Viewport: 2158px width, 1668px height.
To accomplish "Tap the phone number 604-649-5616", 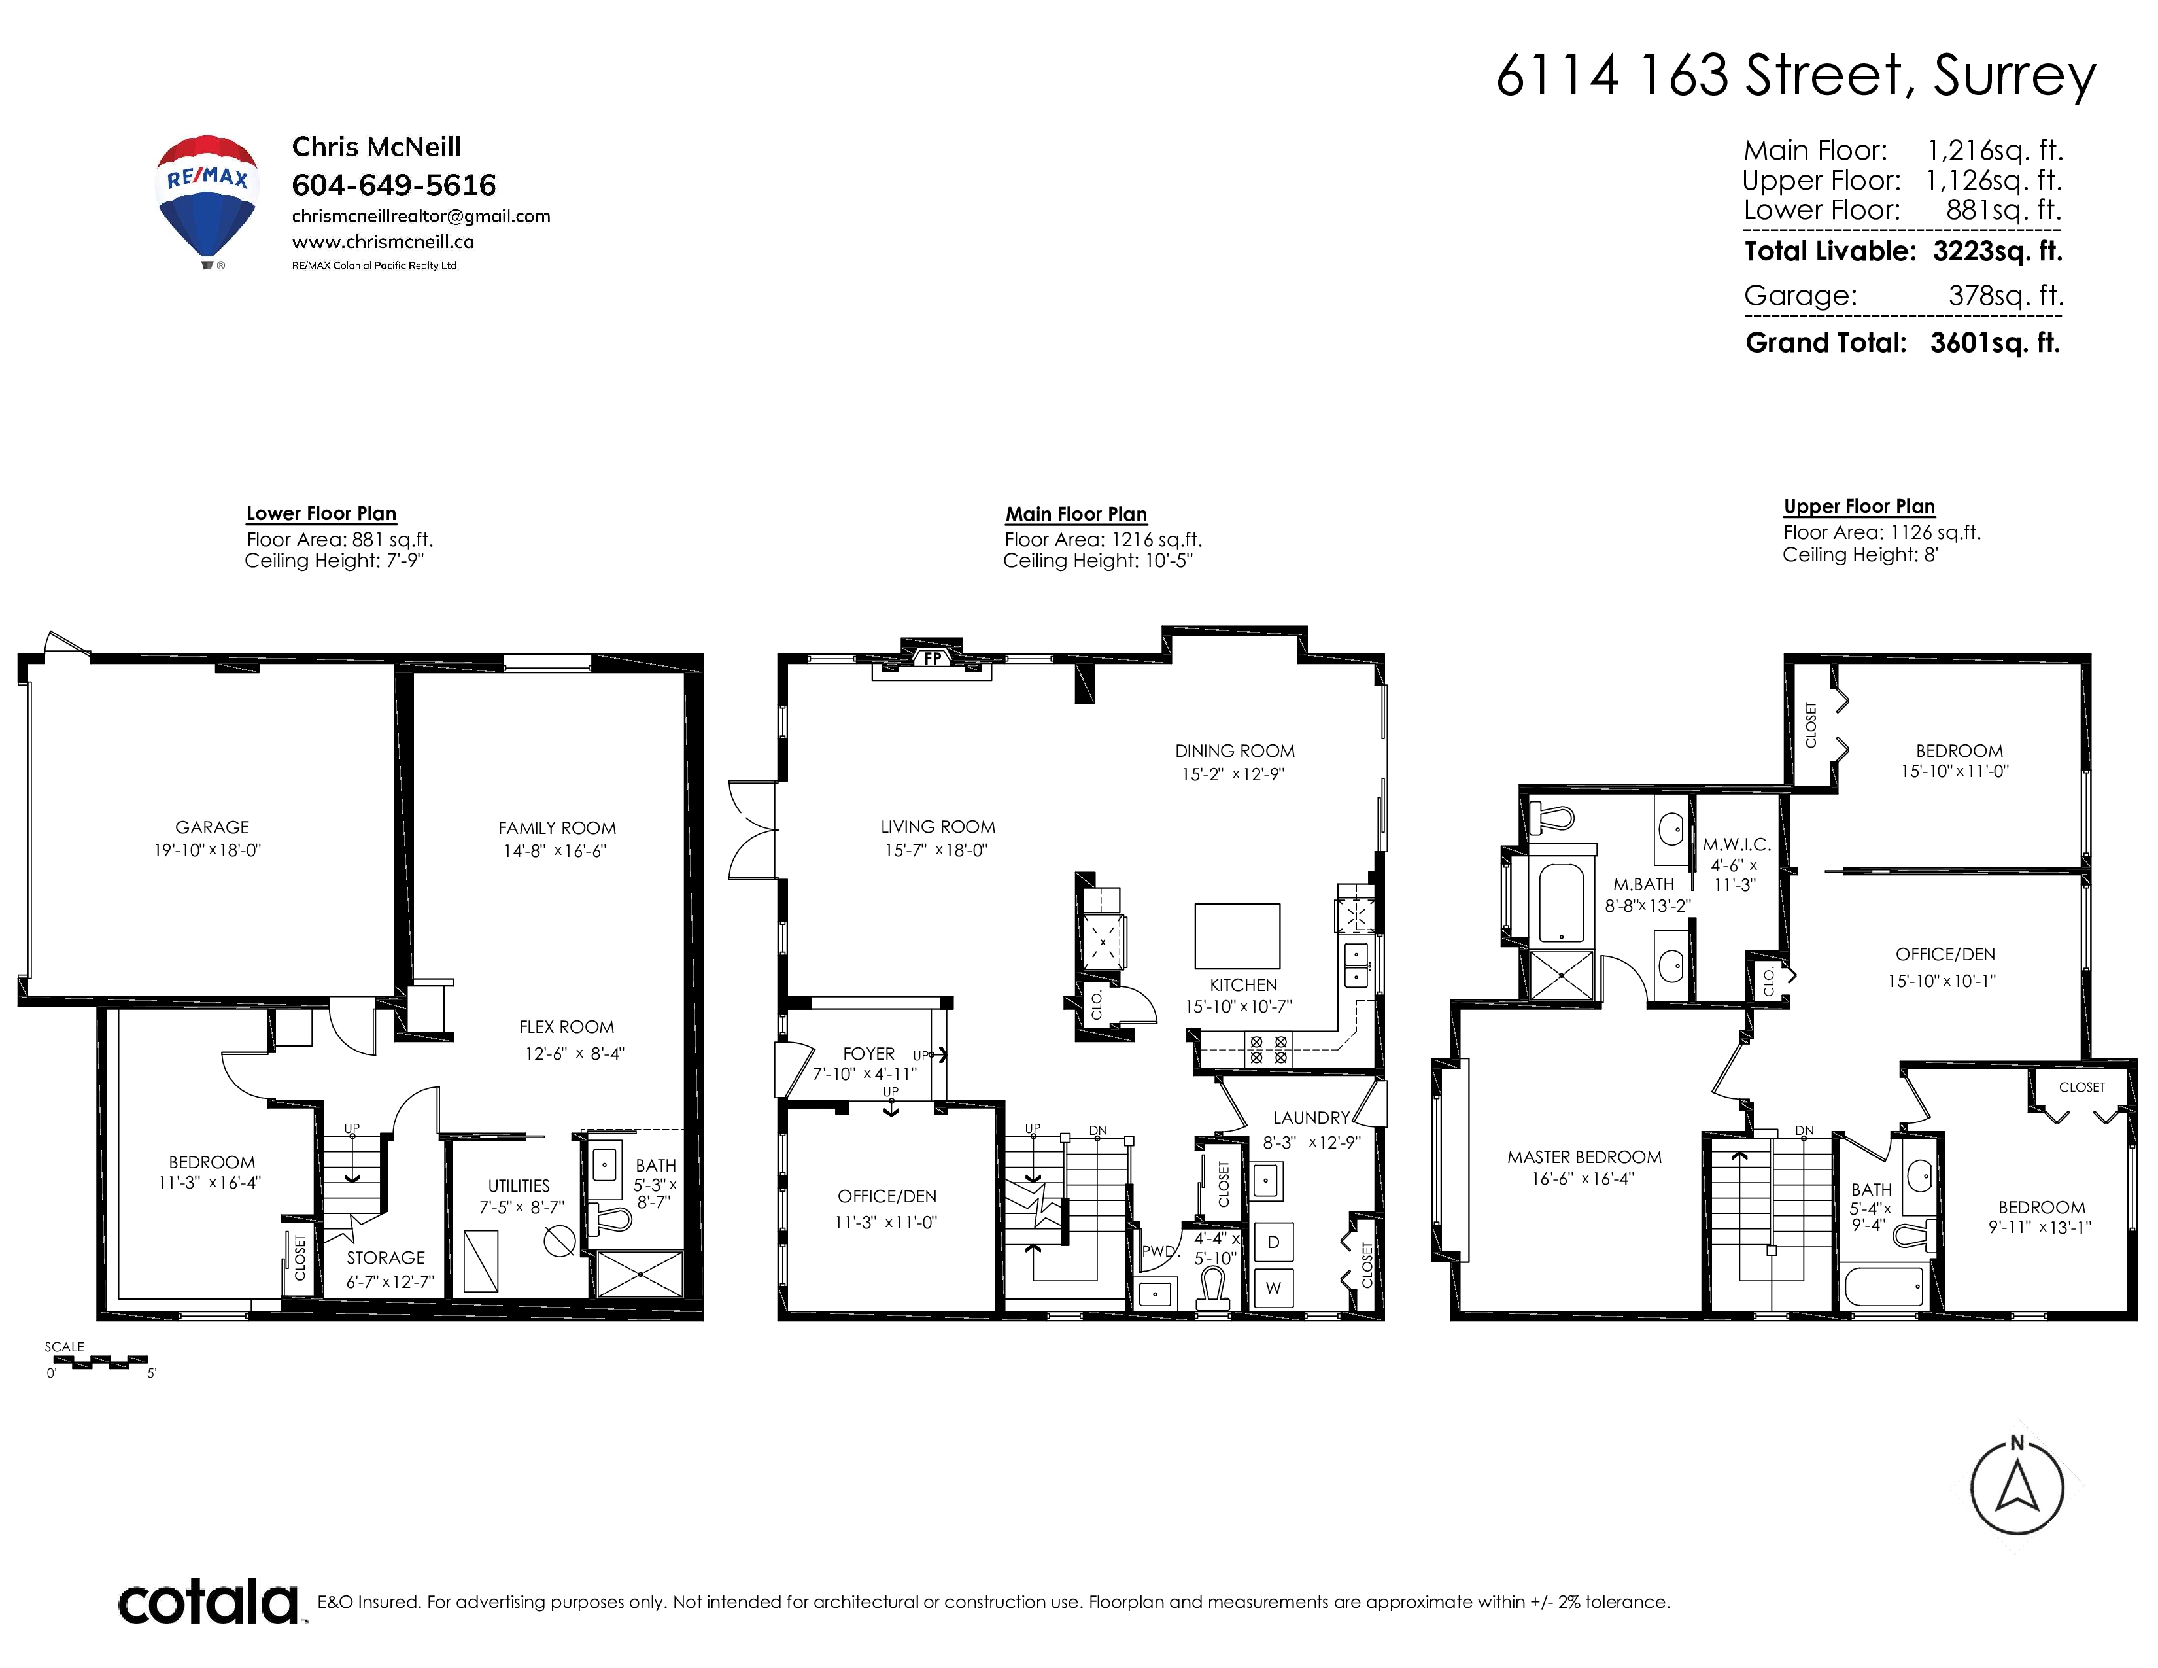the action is tap(393, 184).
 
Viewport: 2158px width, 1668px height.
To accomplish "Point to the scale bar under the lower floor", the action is tap(97, 1363).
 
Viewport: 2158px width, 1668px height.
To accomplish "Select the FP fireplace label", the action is tap(933, 657).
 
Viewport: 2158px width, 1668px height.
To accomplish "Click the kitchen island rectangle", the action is tap(1237, 936).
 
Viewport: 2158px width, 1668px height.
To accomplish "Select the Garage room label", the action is tap(213, 827).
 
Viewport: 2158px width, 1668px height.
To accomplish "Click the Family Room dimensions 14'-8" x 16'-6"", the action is tap(555, 851).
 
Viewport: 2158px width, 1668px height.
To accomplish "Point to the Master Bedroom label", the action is tap(1584, 1157).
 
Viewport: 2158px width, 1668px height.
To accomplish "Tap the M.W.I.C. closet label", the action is tap(1736, 845).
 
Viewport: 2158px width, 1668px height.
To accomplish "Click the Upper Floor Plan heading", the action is tap(1858, 506).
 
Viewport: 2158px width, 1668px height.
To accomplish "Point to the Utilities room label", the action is tap(519, 1186).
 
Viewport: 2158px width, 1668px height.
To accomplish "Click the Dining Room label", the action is tap(1234, 751).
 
